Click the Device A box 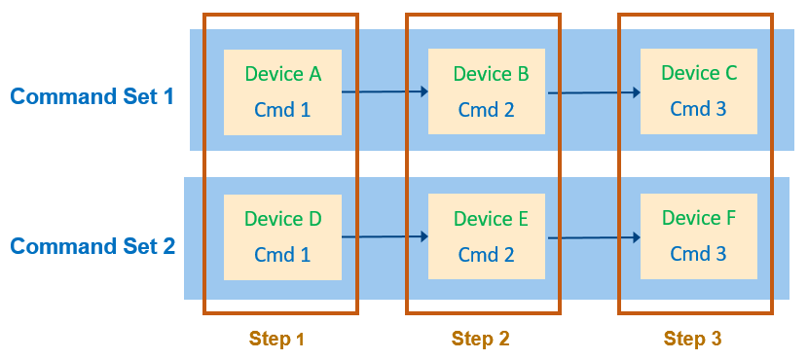coord(282,91)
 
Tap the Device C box coord(698,90)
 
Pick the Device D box coord(282,236)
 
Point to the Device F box coord(698,235)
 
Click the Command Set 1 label coord(92,96)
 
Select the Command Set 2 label coord(92,246)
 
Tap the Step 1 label coord(277,339)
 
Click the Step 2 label coord(481,339)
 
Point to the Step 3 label coord(693,339)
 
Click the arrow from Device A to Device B coord(385,91)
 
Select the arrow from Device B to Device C coord(593,92)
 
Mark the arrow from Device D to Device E coord(385,236)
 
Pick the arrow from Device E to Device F coord(593,236)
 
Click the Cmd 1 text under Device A coord(282,110)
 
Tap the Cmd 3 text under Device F coord(698,254)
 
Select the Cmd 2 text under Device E coord(487,255)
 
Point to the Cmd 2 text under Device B coord(487,110)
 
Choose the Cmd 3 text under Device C coord(698,109)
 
